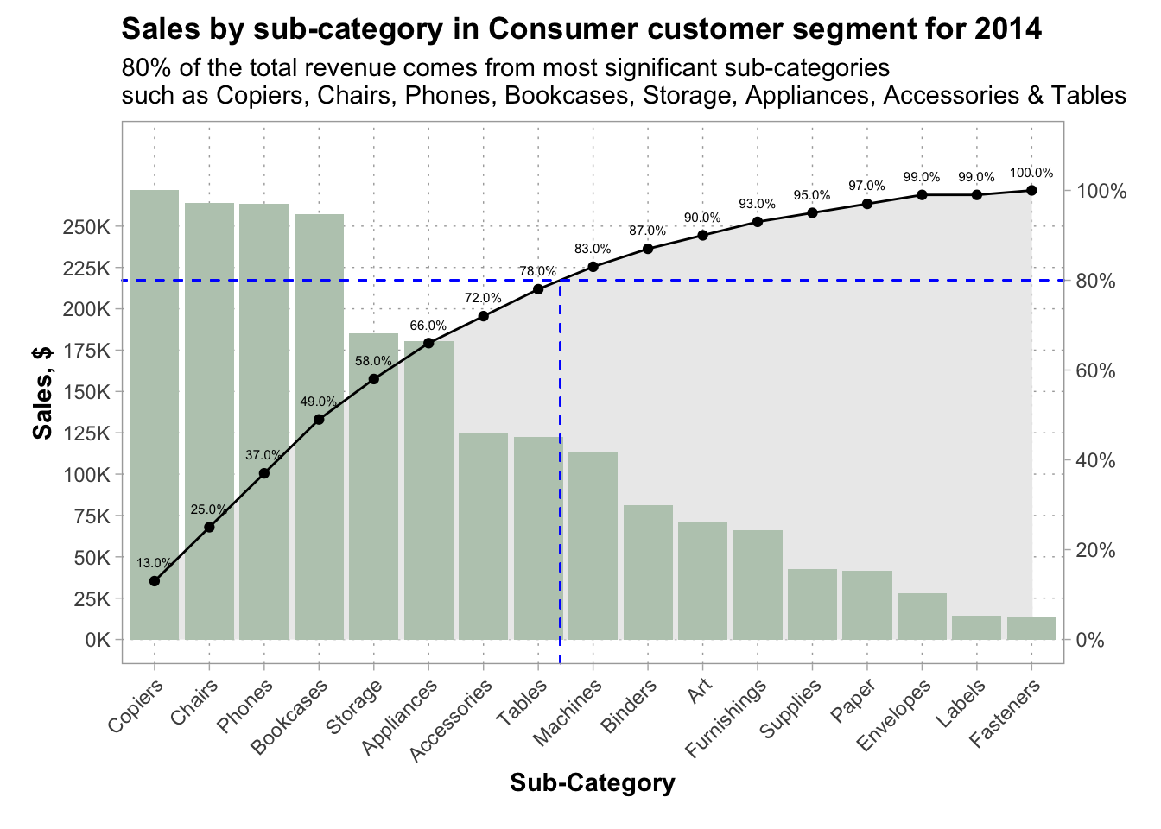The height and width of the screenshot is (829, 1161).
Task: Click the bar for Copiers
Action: (x=155, y=414)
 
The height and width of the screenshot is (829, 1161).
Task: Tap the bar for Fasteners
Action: (x=1031, y=628)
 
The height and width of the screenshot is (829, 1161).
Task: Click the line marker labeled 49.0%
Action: (x=319, y=420)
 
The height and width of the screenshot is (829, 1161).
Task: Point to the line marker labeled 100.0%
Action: (x=1031, y=190)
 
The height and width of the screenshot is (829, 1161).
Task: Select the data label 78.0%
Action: (x=537, y=271)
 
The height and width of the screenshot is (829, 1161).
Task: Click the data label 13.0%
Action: (x=155, y=563)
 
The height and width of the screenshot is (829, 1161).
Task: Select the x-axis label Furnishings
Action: (x=726, y=718)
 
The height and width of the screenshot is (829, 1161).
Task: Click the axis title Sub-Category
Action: (x=593, y=782)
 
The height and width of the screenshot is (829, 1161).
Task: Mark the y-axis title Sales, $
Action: (x=43, y=393)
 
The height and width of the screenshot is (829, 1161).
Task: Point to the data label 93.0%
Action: (x=757, y=204)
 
